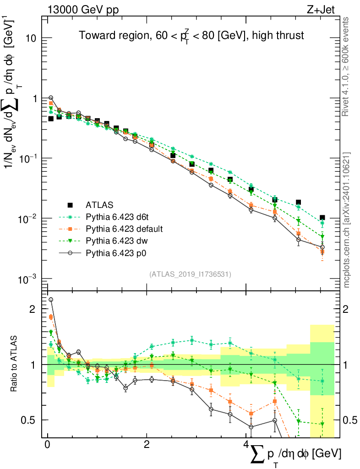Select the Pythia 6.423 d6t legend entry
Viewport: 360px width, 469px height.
pos(119,216)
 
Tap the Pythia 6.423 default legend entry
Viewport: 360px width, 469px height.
pos(124,228)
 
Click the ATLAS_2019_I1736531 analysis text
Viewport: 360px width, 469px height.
pos(190,274)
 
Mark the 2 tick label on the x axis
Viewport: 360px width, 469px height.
pos(147,445)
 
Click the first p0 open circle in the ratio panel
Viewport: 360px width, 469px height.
pos(51,300)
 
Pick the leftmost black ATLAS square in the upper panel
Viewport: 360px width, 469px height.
pos(51,119)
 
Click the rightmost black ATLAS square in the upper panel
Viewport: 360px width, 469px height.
pos(322,218)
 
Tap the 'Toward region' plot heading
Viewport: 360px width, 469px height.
pos(191,35)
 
